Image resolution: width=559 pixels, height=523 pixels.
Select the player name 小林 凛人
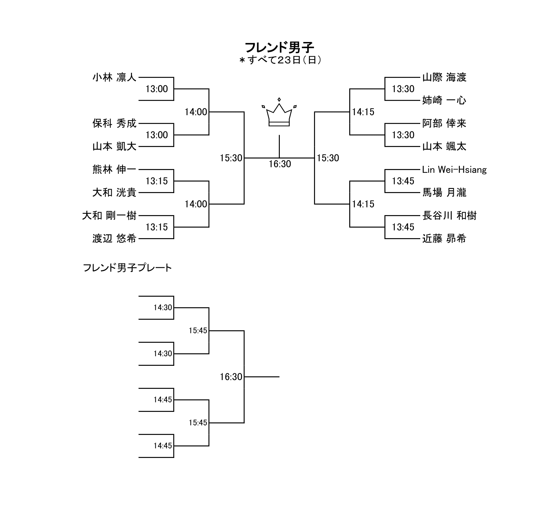[x=114, y=78]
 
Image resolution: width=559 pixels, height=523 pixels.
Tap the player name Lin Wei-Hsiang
[x=454, y=169]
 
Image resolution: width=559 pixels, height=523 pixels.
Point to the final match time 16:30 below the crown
[x=280, y=164]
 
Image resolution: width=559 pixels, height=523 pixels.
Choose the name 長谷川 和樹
[x=449, y=215]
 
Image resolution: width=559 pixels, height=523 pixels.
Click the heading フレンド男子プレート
[x=128, y=268]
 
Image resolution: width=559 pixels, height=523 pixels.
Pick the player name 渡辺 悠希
[x=114, y=238]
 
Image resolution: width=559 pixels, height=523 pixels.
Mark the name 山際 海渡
[x=444, y=78]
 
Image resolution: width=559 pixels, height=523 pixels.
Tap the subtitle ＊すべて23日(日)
[x=280, y=60]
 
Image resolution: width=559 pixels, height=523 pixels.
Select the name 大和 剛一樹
[x=109, y=215]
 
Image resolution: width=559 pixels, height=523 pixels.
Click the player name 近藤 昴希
[x=444, y=238]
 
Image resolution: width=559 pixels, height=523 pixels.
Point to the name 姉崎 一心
[x=444, y=100]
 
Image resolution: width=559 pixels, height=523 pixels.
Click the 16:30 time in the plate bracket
[x=231, y=377]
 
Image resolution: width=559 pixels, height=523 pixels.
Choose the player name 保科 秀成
[x=114, y=123]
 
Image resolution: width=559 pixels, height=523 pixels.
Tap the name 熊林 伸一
[x=114, y=169]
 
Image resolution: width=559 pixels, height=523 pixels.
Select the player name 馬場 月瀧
[x=444, y=192]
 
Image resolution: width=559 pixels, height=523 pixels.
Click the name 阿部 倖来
[x=444, y=123]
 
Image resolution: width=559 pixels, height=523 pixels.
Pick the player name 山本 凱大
[x=114, y=146]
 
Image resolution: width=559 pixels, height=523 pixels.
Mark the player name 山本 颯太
[x=444, y=146]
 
